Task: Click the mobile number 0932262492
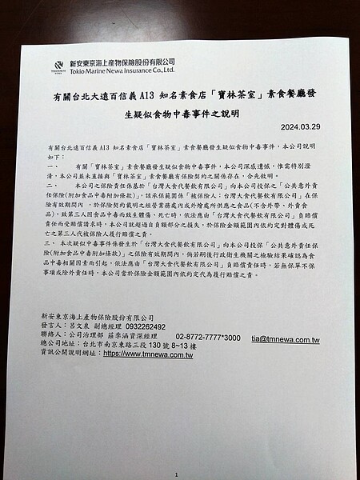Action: (146, 327)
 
